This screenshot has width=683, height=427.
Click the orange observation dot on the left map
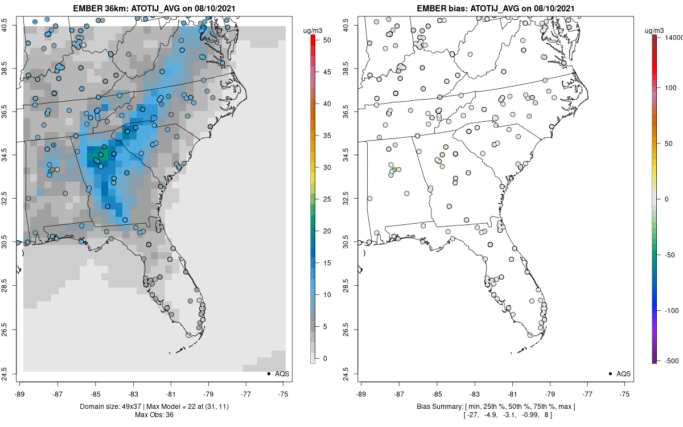click(x=52, y=170)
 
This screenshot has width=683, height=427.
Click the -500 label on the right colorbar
click(x=670, y=360)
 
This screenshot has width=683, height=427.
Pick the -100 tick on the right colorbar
click(x=670, y=310)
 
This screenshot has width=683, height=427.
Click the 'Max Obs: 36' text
click(x=155, y=414)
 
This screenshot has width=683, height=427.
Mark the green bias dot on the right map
click(x=394, y=170)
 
